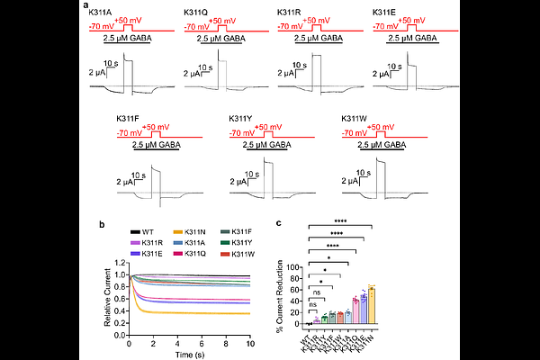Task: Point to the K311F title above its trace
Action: click(128, 119)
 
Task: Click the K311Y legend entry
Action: click(246, 244)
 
